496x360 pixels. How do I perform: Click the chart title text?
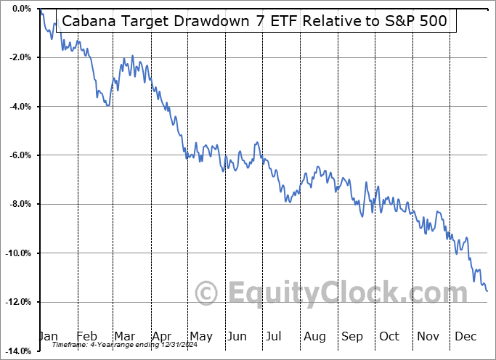click(x=256, y=21)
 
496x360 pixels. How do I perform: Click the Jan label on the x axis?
click(x=48, y=336)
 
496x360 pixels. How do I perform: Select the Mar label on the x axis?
click(x=124, y=336)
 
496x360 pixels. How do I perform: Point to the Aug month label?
click(x=314, y=336)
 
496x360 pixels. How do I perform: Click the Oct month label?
click(x=389, y=336)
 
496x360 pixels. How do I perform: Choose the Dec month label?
click(x=465, y=336)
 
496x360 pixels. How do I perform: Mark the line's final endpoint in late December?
click(x=487, y=291)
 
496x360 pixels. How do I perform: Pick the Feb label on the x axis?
click(x=86, y=336)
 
